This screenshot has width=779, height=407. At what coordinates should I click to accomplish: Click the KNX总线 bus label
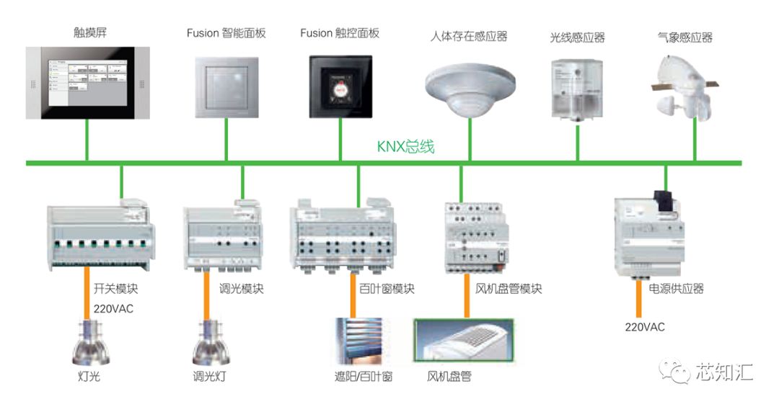[x=405, y=146]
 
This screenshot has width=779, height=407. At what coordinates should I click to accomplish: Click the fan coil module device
[x=475, y=238]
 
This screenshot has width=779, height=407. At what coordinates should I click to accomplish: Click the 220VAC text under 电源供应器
[x=645, y=327]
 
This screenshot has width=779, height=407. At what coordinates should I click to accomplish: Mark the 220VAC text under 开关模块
[x=114, y=308]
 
